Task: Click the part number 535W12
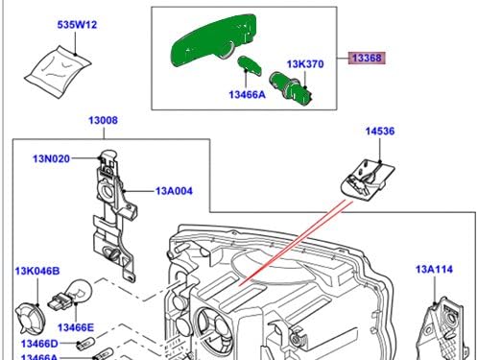point(77,25)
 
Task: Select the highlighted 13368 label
point(367,58)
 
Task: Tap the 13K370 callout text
point(305,64)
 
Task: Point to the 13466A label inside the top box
point(248,94)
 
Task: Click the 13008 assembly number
point(103,120)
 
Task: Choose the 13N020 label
point(52,158)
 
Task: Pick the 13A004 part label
point(174,191)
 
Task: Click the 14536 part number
point(380,131)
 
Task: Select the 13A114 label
point(434,269)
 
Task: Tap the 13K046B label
point(37,271)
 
